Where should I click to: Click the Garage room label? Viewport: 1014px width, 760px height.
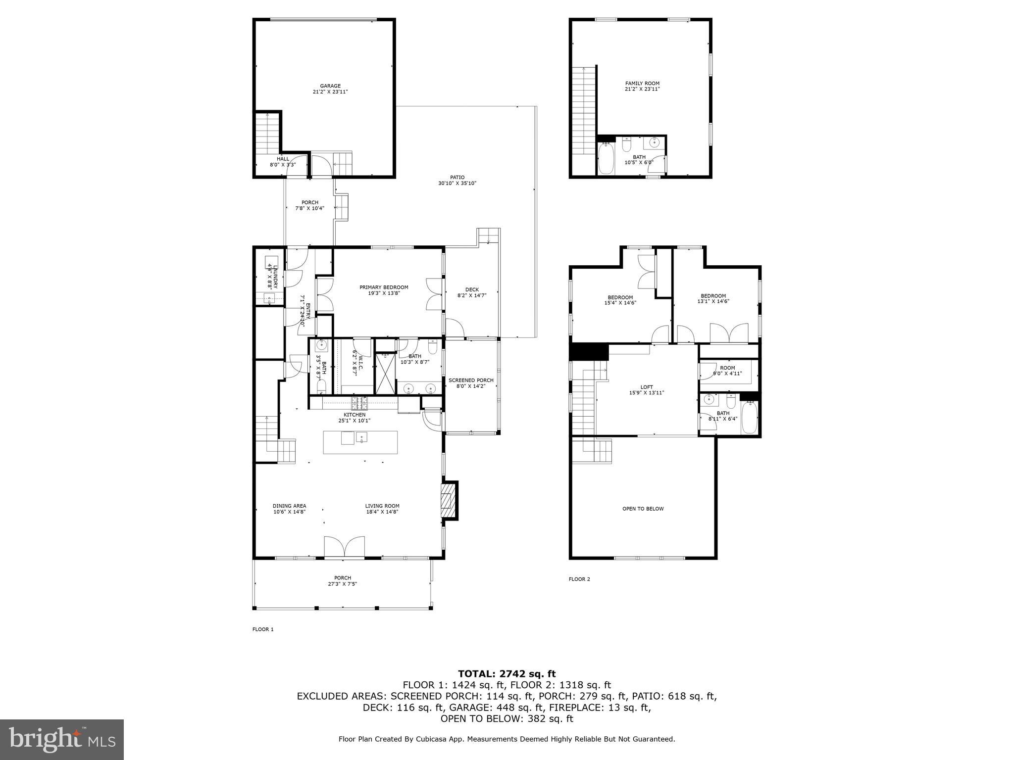pos(330,89)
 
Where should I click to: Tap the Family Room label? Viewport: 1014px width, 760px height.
pos(642,86)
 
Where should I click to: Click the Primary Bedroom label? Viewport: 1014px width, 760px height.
pos(384,290)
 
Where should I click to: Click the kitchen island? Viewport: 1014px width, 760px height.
pos(360,442)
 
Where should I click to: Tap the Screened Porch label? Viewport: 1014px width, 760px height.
pos(471,383)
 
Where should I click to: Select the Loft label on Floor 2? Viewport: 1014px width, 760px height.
pos(646,390)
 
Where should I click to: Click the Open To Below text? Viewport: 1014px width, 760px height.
pos(643,509)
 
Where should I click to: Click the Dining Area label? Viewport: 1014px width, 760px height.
pos(289,509)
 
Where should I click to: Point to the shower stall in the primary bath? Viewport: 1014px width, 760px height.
pos(385,374)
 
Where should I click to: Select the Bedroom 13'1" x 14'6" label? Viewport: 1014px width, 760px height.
pos(713,298)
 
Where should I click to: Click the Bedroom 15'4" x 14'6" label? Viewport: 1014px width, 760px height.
pos(620,300)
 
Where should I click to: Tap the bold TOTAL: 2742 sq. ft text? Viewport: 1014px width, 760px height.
pos(507,673)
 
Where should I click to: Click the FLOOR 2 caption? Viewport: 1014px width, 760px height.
pos(579,579)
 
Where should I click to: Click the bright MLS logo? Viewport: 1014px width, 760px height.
pos(62,740)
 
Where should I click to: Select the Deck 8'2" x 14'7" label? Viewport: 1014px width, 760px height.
pos(472,292)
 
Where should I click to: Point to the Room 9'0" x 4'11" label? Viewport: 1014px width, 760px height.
pos(727,371)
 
